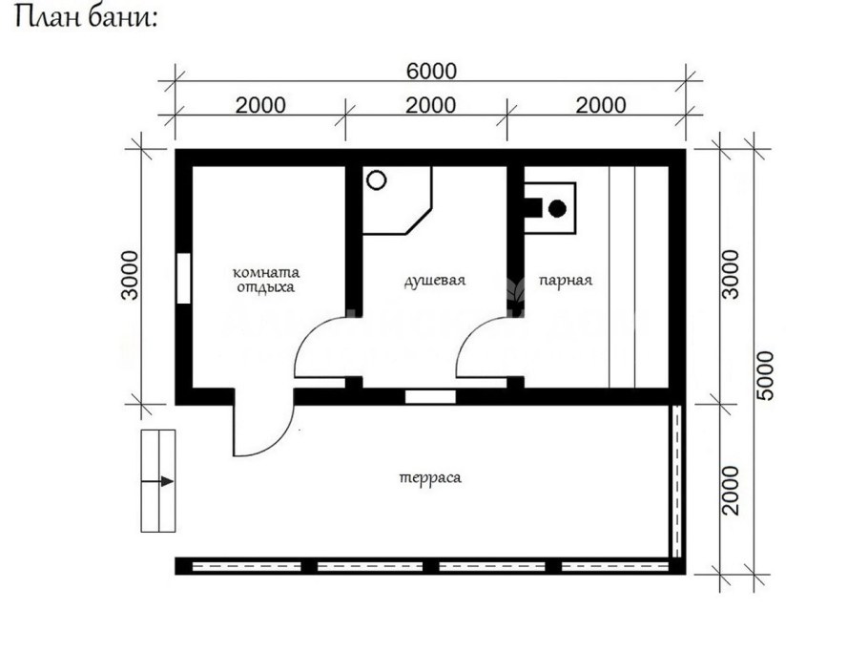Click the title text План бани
pos(85,19)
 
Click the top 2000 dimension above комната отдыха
pos(259,105)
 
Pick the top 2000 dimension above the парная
pos(600,105)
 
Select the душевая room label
pos(434,281)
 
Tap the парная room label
pos(565,281)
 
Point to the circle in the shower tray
pos(377,179)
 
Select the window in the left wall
pos(181,278)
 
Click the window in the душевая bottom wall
pos(430,396)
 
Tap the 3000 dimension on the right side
pos(730,275)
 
